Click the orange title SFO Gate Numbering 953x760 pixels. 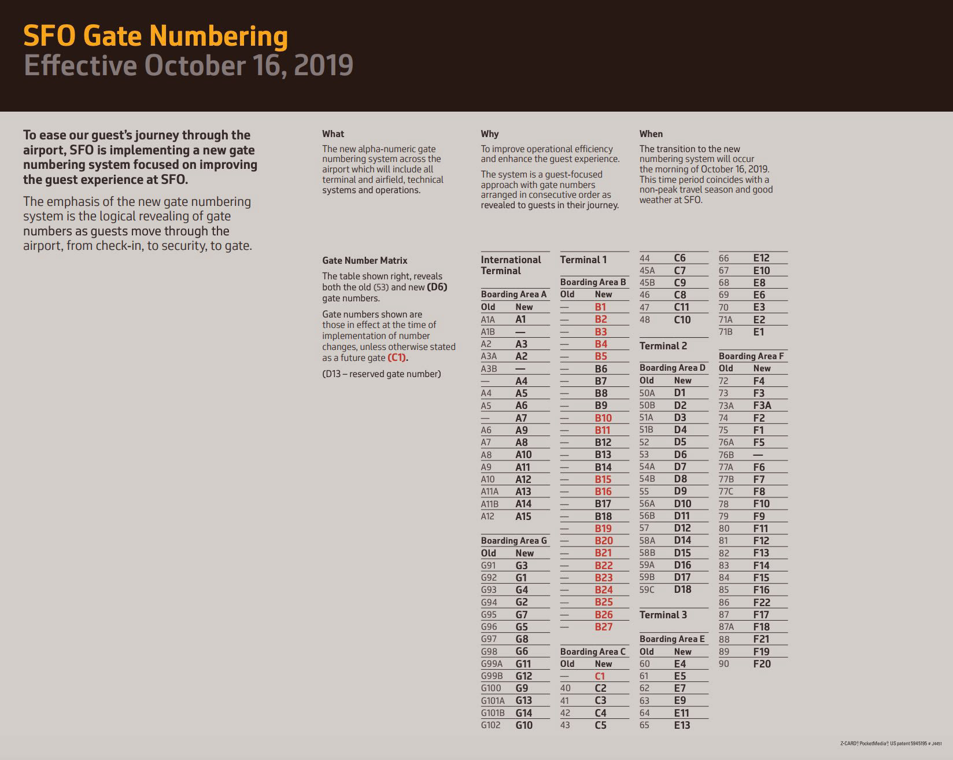click(x=156, y=36)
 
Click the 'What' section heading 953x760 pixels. click(x=333, y=134)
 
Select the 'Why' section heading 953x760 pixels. click(x=490, y=134)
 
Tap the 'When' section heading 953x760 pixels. click(x=651, y=134)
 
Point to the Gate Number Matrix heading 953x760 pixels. click(x=365, y=260)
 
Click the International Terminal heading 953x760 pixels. click(x=511, y=265)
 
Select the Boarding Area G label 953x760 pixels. click(x=514, y=541)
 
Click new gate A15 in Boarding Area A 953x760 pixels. click(x=523, y=516)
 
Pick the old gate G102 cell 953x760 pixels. click(x=490, y=725)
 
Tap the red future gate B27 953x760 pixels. click(x=603, y=626)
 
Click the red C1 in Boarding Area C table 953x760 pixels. click(x=600, y=676)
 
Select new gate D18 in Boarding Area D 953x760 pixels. click(x=682, y=589)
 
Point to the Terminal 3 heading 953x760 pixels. click(x=663, y=615)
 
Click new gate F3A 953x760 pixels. click(x=762, y=405)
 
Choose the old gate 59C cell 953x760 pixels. click(x=647, y=590)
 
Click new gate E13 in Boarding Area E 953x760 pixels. click(x=682, y=725)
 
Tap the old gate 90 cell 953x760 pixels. click(x=724, y=664)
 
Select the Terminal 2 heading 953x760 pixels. click(x=663, y=346)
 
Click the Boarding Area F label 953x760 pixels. click(x=751, y=356)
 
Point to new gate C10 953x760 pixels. click(x=682, y=319)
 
